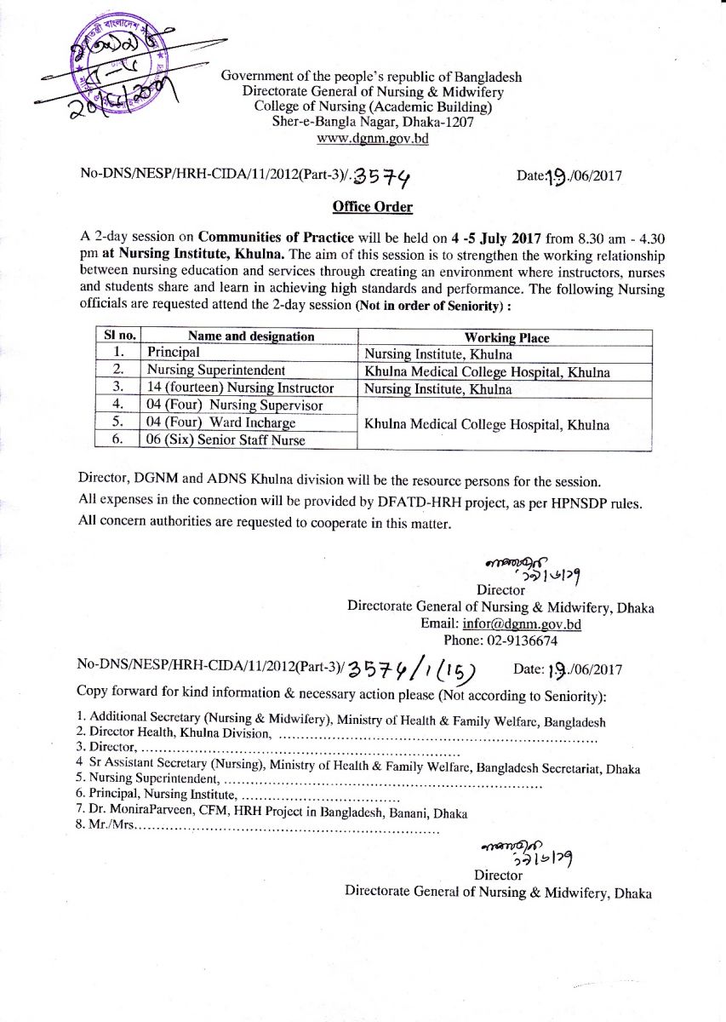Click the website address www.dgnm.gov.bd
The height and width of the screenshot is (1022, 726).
click(372, 137)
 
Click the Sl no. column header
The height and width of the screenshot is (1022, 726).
click(116, 336)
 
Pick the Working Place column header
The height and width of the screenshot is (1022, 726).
click(507, 337)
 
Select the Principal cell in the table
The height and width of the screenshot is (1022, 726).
click(174, 353)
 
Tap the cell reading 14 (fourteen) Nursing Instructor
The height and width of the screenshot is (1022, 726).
click(240, 388)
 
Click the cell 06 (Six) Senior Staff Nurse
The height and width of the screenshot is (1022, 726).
click(226, 439)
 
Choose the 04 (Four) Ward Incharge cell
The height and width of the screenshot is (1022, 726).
click(220, 422)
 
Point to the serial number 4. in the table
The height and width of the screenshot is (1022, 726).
click(119, 405)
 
